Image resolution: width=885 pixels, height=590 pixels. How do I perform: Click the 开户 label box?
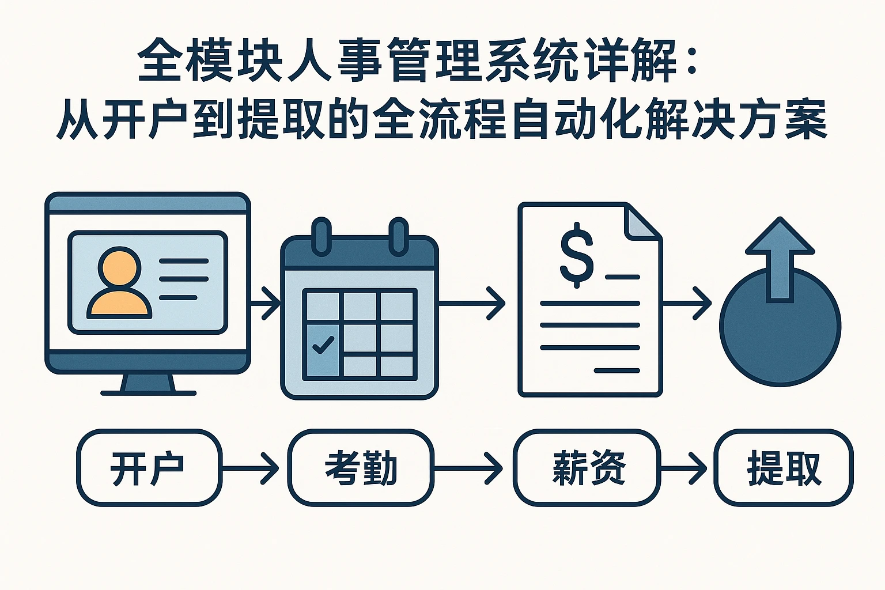click(x=149, y=467)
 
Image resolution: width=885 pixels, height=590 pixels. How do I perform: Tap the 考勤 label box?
click(x=361, y=467)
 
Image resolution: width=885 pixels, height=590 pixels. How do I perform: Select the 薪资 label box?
click(x=587, y=467)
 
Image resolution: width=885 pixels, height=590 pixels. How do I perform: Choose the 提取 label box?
click(x=783, y=467)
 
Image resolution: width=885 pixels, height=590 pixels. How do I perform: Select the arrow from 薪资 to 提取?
click(x=686, y=468)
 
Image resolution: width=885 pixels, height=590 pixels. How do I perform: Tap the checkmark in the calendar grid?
click(x=322, y=345)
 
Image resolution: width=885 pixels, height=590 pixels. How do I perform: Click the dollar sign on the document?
click(x=577, y=257)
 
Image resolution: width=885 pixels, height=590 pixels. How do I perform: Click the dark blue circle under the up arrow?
click(x=780, y=334)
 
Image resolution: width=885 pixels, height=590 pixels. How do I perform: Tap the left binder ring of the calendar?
click(x=322, y=236)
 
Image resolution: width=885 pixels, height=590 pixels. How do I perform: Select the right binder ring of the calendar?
click(x=398, y=236)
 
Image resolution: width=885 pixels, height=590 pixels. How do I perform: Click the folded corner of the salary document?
click(x=644, y=222)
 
